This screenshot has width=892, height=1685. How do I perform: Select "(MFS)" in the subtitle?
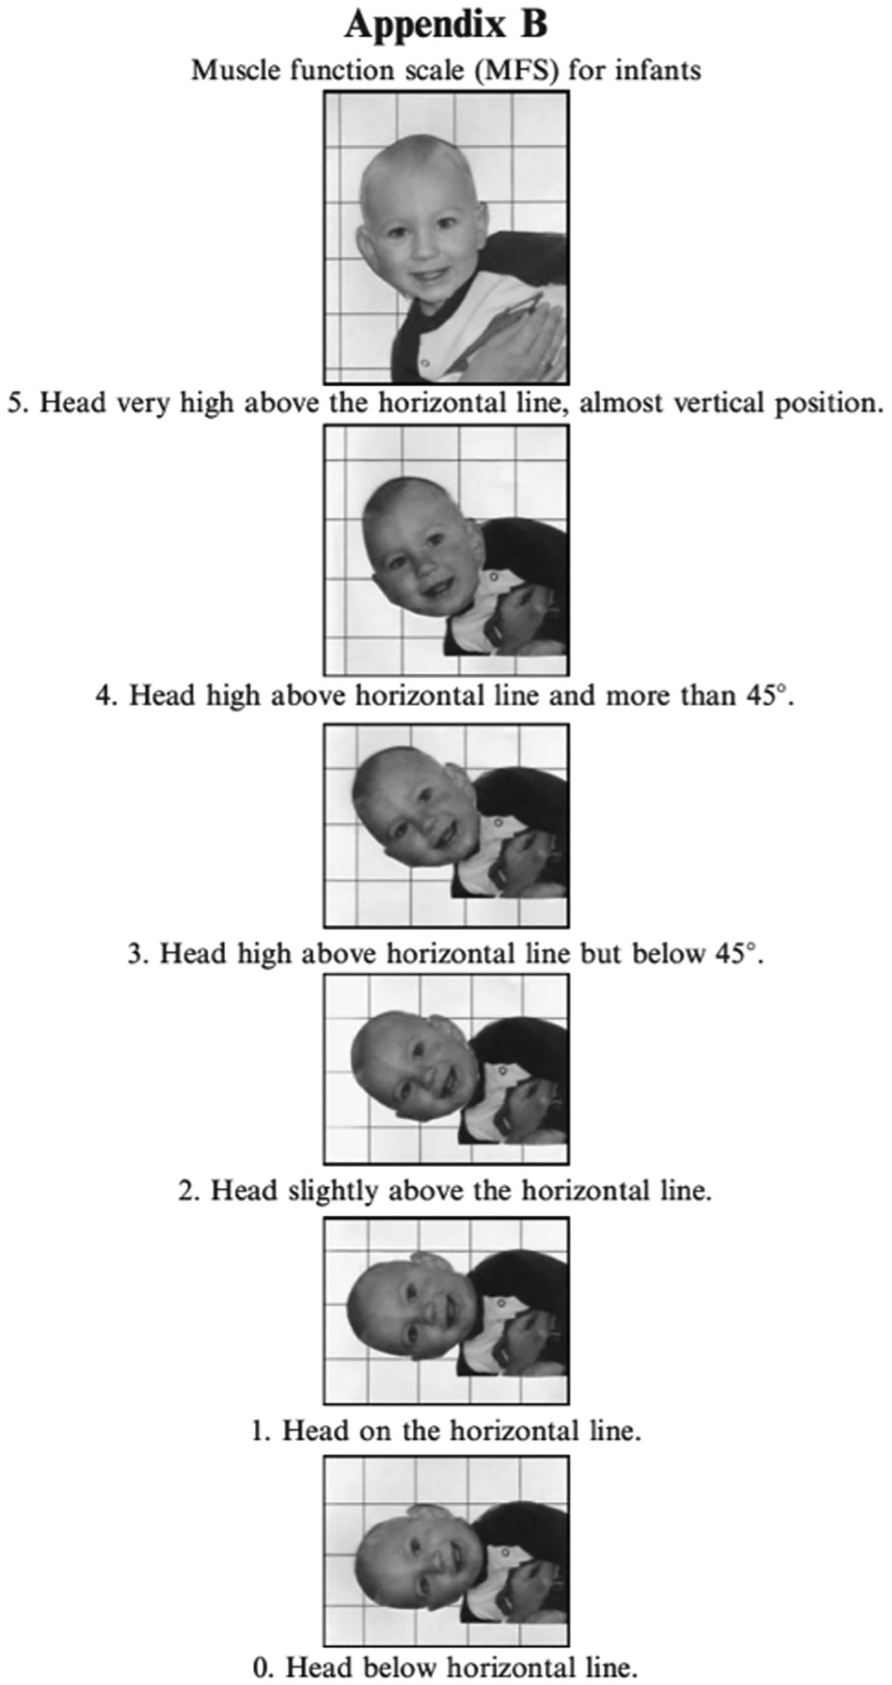(x=516, y=70)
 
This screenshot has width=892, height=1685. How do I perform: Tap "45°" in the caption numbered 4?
(x=765, y=697)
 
